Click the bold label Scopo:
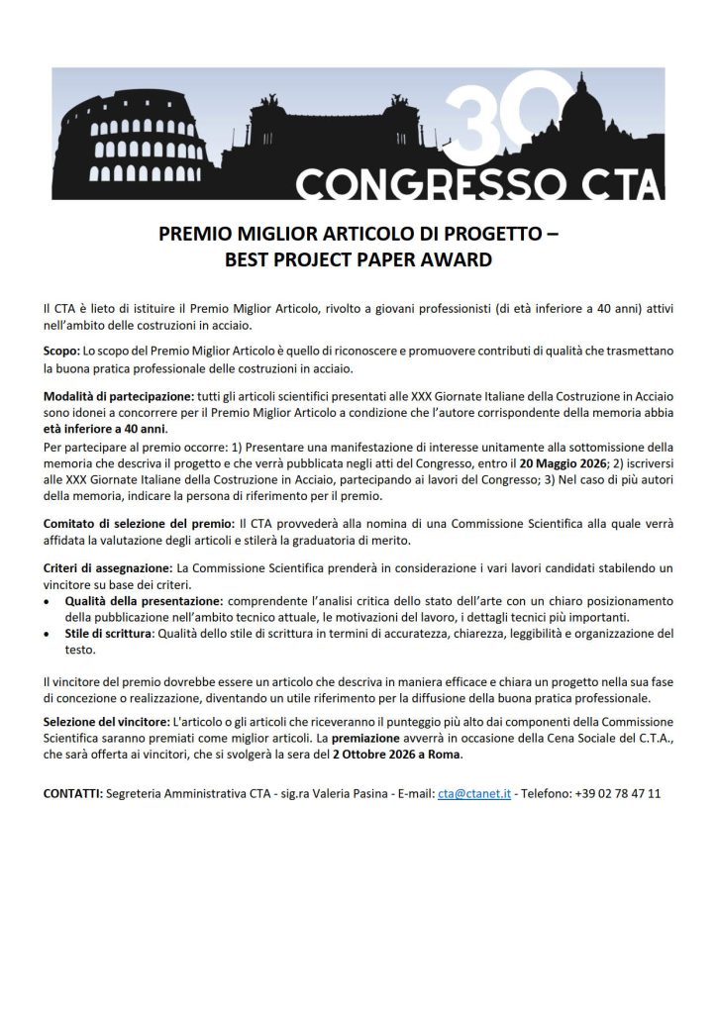pos(62,352)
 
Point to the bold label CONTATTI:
pos(73,794)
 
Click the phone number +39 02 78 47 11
pos(617,794)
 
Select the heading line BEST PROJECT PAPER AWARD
pos(358,261)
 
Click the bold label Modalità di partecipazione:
pos(119,397)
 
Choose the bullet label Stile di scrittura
pos(108,634)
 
